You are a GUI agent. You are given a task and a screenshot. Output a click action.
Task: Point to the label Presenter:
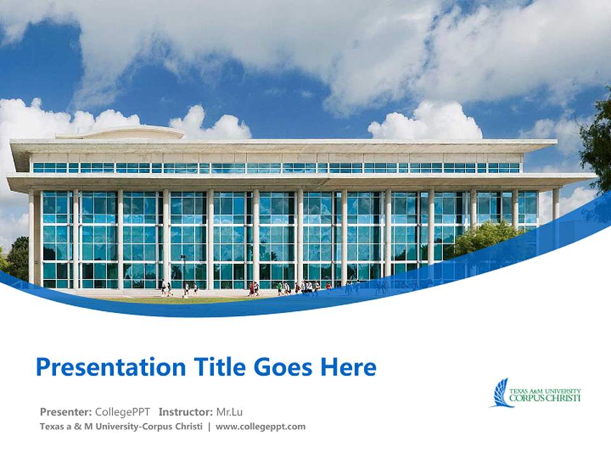pyautogui.click(x=66, y=412)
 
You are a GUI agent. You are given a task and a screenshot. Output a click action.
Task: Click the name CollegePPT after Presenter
pyautogui.click(x=123, y=412)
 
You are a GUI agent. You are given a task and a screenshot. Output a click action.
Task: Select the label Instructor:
pyautogui.click(x=186, y=412)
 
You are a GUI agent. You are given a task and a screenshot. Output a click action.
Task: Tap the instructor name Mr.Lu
pyautogui.click(x=230, y=412)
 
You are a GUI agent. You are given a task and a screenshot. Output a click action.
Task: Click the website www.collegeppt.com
pyautogui.click(x=260, y=427)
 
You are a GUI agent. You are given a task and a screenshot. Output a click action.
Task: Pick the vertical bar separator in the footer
pyautogui.click(x=209, y=427)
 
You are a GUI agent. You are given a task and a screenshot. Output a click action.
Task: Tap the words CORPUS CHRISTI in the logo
pyautogui.click(x=545, y=398)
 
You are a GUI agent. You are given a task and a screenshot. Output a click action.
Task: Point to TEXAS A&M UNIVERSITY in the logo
pyautogui.click(x=545, y=391)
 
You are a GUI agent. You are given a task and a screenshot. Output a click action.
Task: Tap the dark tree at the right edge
pyautogui.click(x=598, y=146)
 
